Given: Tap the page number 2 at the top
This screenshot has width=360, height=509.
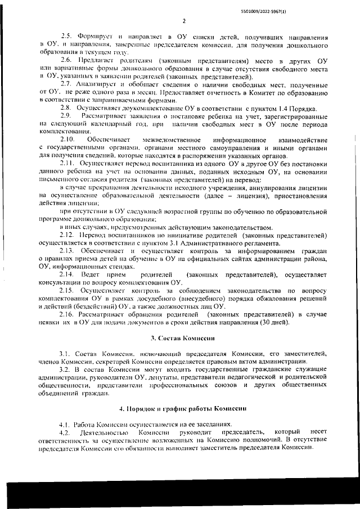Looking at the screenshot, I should [183, 21].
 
